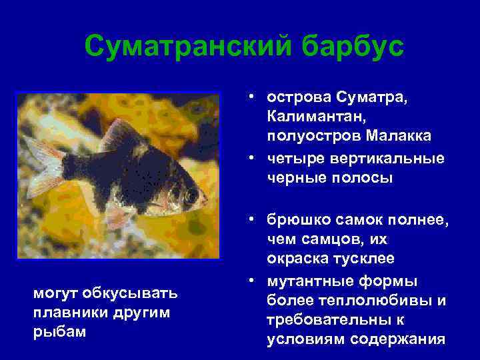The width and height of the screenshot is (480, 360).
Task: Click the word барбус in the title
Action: point(351,46)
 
